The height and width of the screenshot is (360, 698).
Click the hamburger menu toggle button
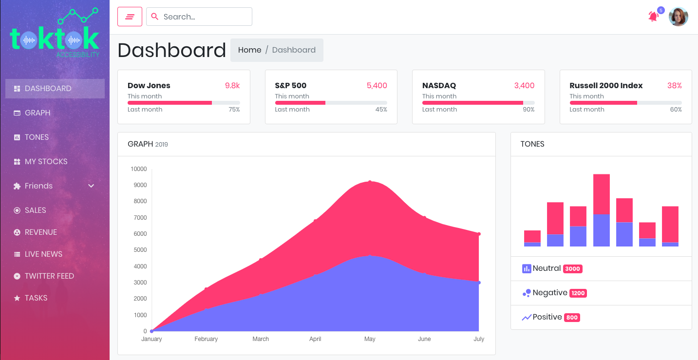click(130, 17)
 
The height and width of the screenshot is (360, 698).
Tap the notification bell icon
click(653, 17)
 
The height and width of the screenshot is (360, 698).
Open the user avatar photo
click(678, 17)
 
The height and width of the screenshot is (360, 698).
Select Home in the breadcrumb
click(249, 50)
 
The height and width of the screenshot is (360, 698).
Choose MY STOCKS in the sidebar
click(46, 162)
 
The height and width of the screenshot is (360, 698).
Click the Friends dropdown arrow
click(91, 186)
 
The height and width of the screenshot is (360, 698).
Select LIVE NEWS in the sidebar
click(43, 254)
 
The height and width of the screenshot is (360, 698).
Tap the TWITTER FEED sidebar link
click(49, 276)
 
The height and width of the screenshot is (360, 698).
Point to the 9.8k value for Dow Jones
click(232, 86)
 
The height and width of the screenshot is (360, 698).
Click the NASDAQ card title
click(439, 86)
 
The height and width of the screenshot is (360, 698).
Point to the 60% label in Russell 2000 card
click(676, 110)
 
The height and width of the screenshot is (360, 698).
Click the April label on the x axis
click(315, 339)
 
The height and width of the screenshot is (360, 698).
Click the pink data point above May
click(370, 182)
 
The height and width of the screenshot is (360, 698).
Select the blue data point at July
click(479, 283)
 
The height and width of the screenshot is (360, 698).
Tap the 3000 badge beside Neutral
click(572, 269)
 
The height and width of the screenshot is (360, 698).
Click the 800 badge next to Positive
click(572, 318)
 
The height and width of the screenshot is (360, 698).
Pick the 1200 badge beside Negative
click(578, 293)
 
